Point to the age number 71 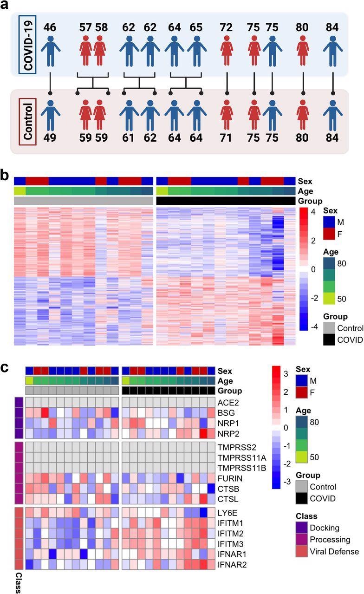(x=226, y=138)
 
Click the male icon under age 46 (x=50, y=49)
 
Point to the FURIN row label (x=229, y=477)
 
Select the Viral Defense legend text (x=335, y=551)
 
